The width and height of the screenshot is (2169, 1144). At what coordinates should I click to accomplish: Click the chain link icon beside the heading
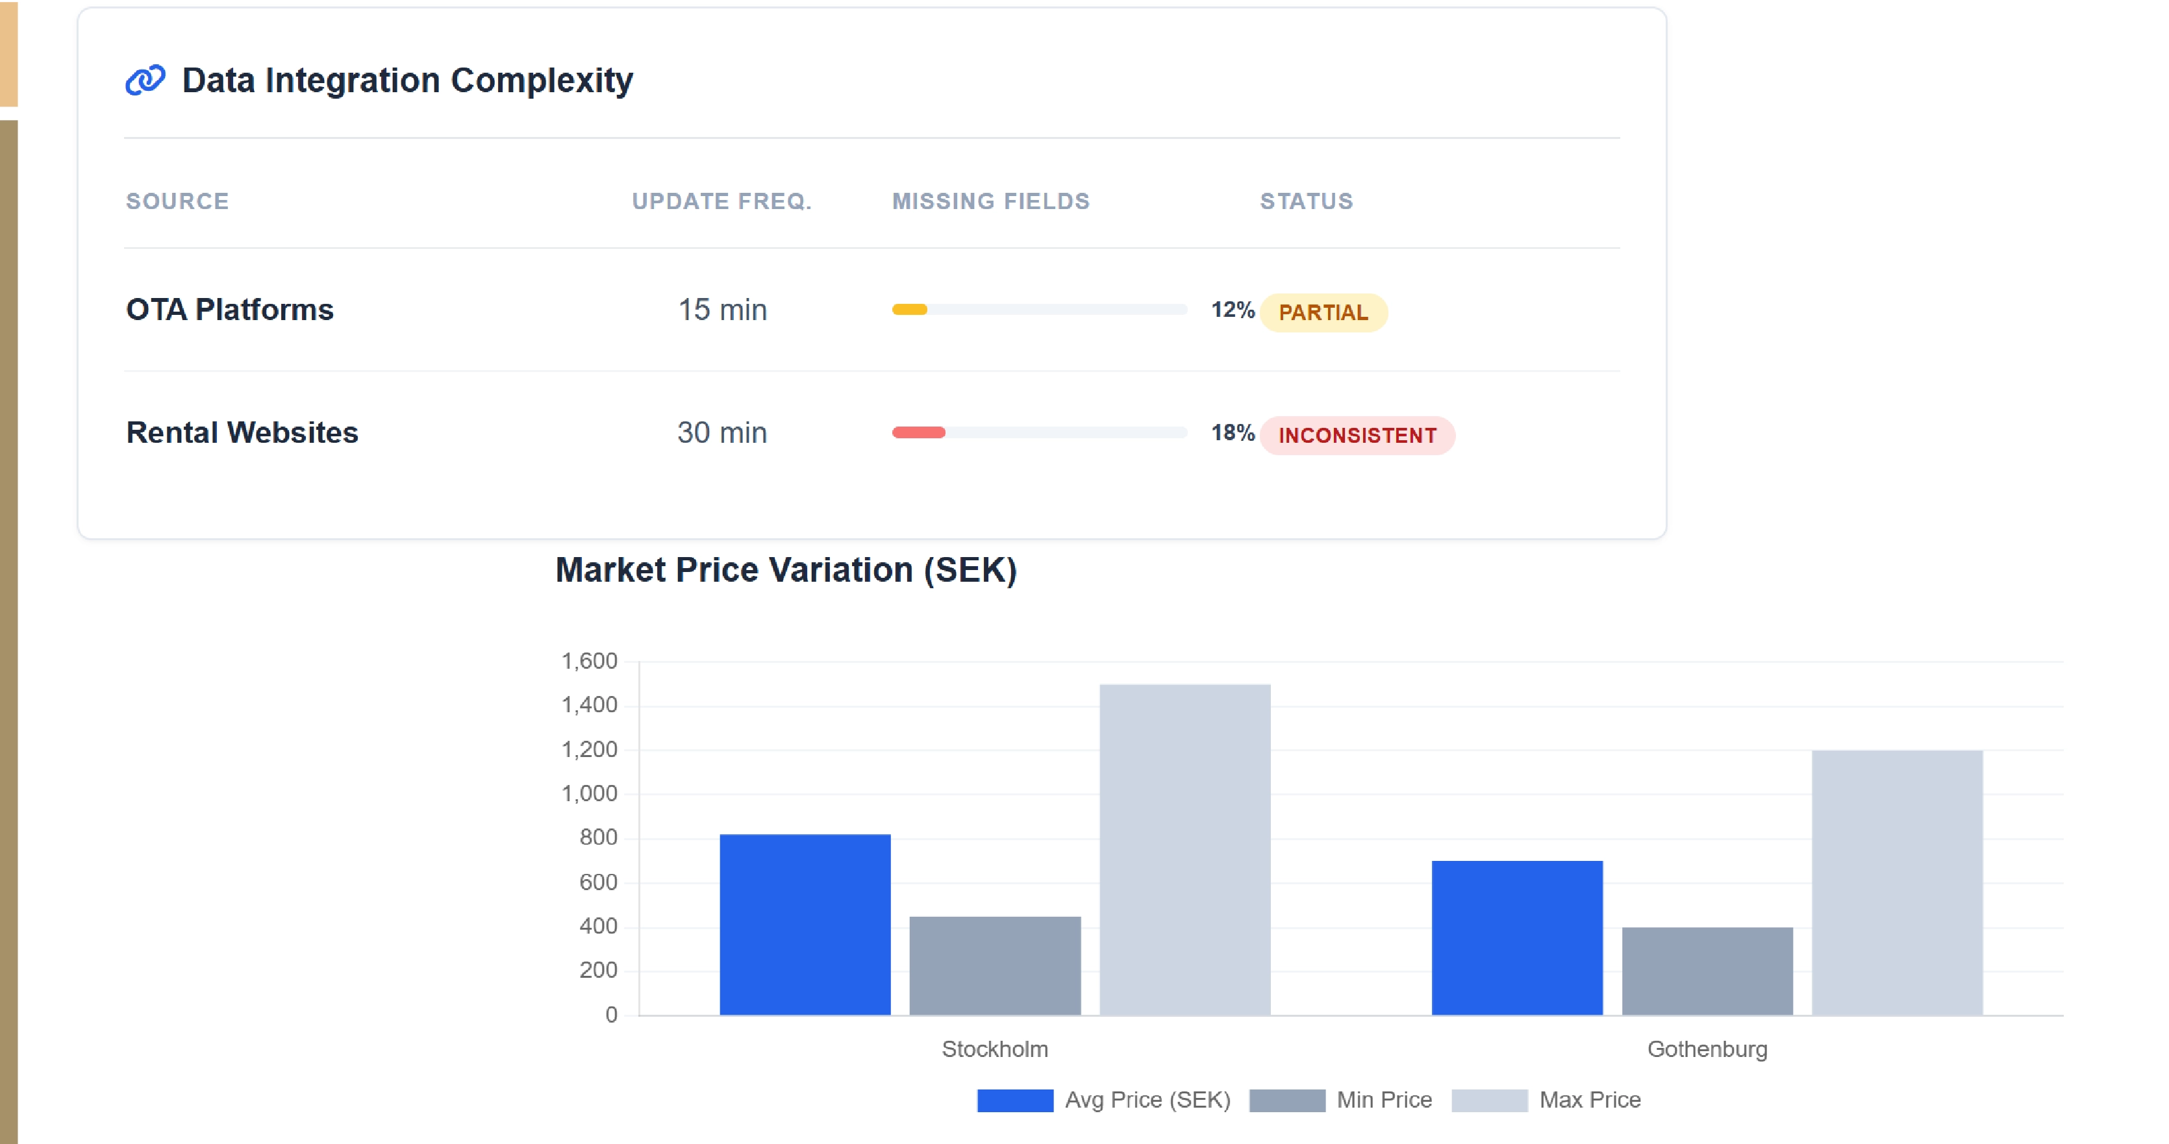pos(145,80)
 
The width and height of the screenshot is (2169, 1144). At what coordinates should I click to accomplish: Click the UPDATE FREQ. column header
pos(721,201)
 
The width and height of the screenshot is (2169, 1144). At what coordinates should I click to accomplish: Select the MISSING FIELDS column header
pos(990,201)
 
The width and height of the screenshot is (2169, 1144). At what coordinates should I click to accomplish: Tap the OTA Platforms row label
pos(230,310)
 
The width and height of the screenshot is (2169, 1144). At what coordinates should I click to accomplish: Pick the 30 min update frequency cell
pos(721,432)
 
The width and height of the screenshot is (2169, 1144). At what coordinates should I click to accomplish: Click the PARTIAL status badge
pos(1323,312)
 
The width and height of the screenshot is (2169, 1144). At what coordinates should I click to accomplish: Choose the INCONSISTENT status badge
pos(1357,435)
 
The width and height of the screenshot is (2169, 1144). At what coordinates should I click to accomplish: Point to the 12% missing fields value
pos(1232,310)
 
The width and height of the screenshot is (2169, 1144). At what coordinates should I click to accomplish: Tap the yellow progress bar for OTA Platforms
pos(909,310)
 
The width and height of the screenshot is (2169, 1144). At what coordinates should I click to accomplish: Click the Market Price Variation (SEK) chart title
pos(786,570)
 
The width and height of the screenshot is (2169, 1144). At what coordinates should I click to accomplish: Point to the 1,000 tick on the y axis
pos(590,794)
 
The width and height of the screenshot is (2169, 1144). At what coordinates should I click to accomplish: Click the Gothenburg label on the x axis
pos(1707,1049)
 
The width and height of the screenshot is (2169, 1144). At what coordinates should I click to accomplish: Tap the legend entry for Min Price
pos(1340,1100)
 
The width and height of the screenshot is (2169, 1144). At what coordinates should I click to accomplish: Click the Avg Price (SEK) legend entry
pos(1104,1100)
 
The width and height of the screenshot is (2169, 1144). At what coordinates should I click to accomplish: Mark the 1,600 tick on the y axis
pos(590,661)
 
